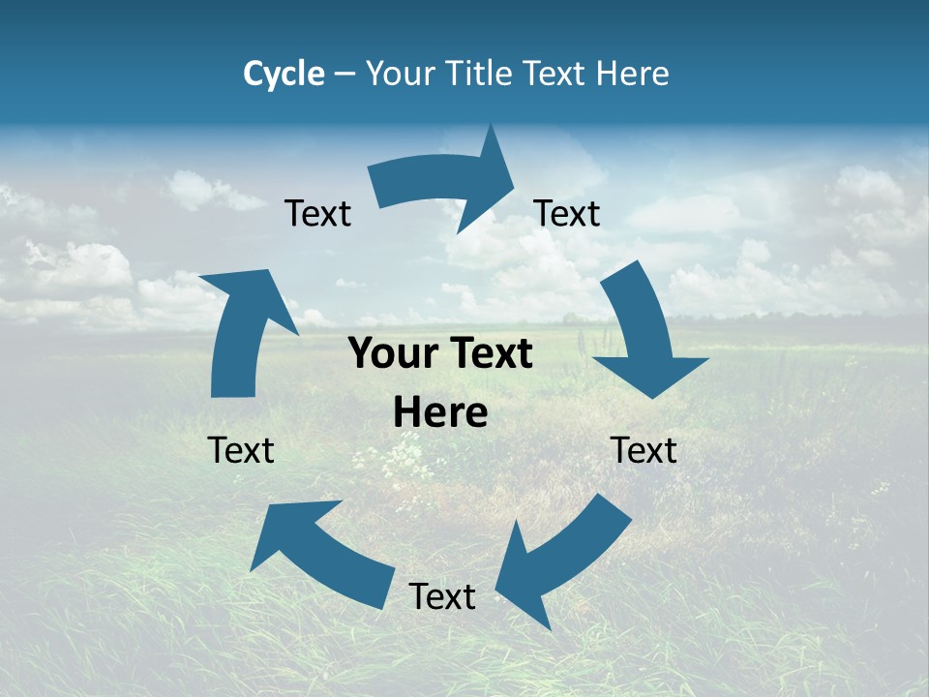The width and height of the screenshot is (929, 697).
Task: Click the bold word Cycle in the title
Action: pos(284,74)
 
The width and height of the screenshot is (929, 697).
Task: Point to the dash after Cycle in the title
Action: pos(345,75)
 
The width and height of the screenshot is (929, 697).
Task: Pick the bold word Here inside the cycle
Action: pos(440,413)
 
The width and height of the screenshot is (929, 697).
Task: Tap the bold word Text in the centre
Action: pos(489,354)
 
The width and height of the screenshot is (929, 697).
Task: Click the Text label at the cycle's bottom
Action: pos(442,597)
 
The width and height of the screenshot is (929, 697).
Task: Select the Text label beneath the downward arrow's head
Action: pos(644,451)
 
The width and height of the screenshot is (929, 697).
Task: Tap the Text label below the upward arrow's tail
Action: pos(241,450)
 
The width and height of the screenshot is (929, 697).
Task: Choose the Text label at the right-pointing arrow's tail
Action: pos(317,214)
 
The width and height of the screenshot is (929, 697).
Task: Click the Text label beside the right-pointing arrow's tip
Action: pos(567,214)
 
